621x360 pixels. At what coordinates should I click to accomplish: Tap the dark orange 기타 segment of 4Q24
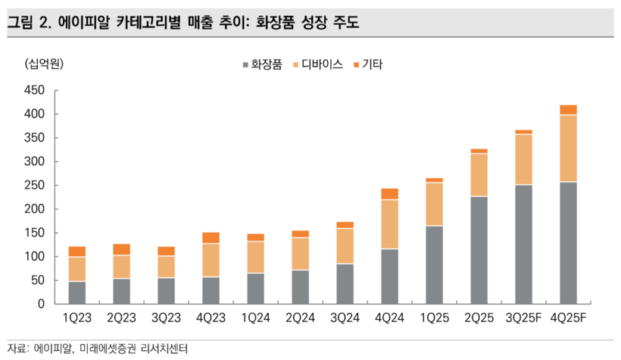tap(391, 194)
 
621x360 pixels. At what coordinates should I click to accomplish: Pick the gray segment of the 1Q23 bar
tap(77, 293)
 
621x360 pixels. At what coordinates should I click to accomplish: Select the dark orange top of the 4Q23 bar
tap(211, 238)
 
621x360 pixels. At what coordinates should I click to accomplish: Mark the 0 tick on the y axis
tap(43, 304)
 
